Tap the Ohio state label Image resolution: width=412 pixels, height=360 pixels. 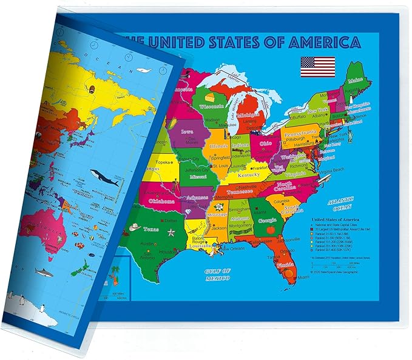tap(265, 144)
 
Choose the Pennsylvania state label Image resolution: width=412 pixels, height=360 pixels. tap(302, 132)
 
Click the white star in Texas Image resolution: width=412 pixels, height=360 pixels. tap(171, 233)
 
